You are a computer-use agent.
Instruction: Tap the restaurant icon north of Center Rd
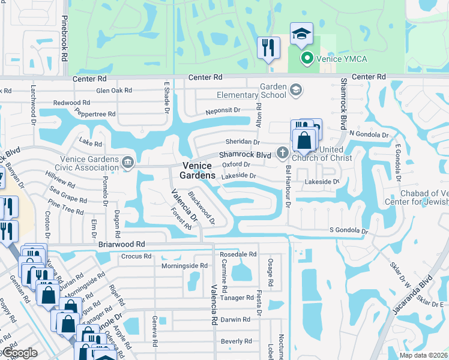[x=268, y=47]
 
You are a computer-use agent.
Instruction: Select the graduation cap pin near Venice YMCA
[x=301, y=34]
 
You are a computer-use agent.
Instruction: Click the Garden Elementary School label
[x=273, y=91]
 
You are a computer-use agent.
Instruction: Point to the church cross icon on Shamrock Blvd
[x=281, y=153]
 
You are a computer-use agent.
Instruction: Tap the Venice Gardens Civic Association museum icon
[x=127, y=162]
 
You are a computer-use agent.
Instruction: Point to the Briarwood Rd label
[x=121, y=244]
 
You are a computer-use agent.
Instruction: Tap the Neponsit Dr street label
[x=223, y=110]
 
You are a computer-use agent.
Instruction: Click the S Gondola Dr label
[x=348, y=230]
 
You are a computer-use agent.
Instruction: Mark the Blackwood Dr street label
[x=201, y=208]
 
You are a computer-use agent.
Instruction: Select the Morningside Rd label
[x=184, y=265]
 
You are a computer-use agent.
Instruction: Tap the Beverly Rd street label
[x=236, y=341]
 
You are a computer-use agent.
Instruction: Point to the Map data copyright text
[x=423, y=355]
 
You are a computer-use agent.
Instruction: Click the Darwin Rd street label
[x=235, y=320]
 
